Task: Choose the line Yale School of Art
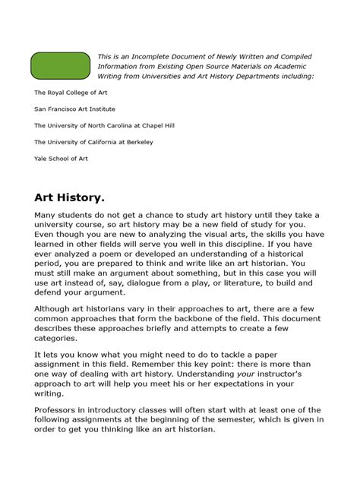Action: [61, 159]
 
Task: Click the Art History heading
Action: [69, 197]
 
